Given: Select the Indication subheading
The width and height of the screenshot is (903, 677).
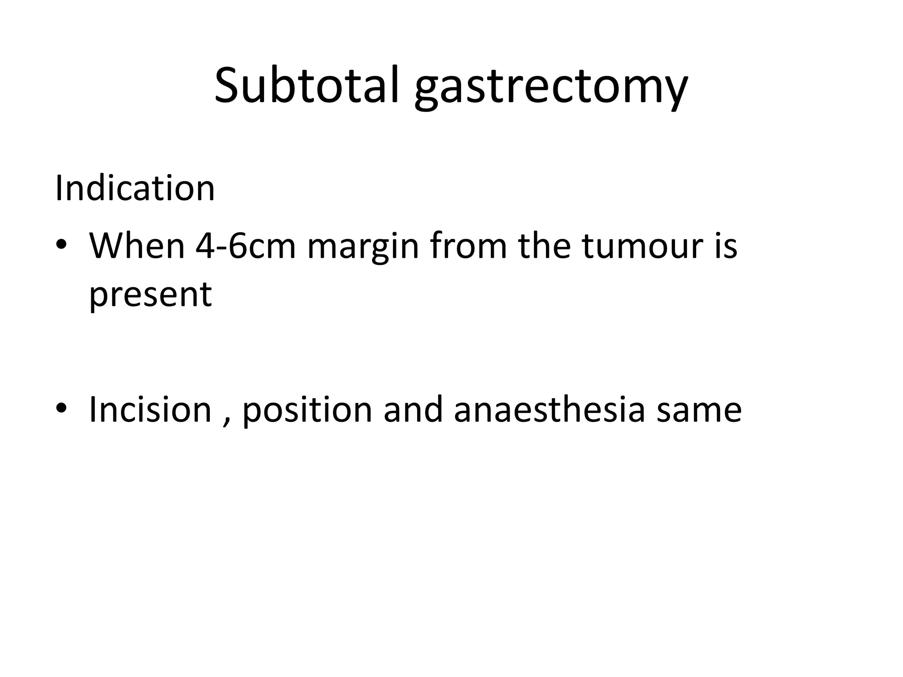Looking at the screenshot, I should (134, 188).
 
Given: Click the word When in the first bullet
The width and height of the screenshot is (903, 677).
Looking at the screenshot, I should (137, 246).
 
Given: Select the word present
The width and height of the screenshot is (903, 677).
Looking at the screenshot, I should (150, 295).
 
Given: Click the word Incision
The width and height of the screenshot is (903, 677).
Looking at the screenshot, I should (150, 409).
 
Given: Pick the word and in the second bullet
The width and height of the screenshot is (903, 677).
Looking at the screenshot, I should (413, 409).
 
